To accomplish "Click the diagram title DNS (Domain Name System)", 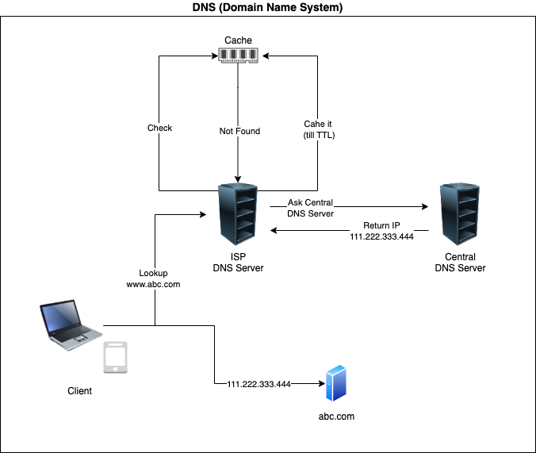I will coord(268,7).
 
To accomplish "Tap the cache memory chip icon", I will coord(239,56).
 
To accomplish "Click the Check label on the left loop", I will coord(159,128).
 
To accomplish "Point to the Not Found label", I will coord(239,131).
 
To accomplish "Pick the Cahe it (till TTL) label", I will coord(318,129).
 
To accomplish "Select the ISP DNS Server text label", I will coord(238,263).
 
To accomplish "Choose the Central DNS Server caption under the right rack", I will coord(460,263).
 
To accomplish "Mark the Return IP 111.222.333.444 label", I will coord(381,231).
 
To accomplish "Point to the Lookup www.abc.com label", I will coord(154,278).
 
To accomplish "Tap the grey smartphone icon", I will coord(117,358).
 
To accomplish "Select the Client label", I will coord(79,391).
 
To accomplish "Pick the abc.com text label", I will coord(336,417).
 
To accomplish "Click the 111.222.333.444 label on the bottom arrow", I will coord(258,384).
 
